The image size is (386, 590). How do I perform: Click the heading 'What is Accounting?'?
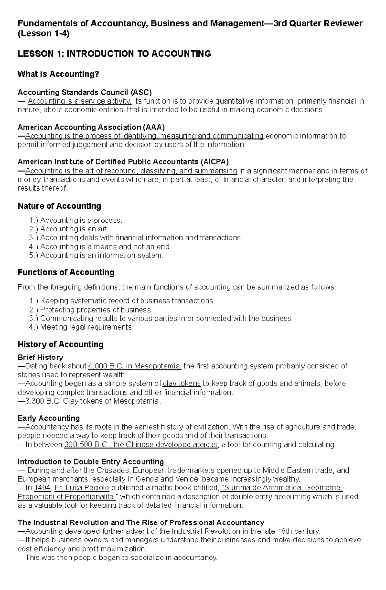pos(58,74)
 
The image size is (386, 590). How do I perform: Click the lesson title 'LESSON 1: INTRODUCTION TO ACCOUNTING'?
pos(114,54)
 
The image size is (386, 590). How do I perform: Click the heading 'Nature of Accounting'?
pos(59,206)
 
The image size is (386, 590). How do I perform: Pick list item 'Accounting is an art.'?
pos(75,229)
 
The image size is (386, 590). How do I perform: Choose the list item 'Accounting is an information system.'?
pos(102,256)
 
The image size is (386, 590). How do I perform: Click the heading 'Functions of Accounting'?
pos(66,272)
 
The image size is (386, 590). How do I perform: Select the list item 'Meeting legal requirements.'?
pos(87,327)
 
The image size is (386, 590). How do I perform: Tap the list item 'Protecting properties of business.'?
pos(96,310)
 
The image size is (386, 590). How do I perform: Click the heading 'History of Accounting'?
pos(60,345)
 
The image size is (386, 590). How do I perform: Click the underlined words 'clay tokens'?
pos(182,384)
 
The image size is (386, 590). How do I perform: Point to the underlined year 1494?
pos(42,488)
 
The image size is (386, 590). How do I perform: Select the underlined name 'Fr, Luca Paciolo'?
pos(82,488)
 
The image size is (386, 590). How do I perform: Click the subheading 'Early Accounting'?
pos(49,418)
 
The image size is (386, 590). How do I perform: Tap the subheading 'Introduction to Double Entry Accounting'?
pos(91,462)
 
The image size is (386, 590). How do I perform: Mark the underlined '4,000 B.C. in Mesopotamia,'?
pos(135,366)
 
